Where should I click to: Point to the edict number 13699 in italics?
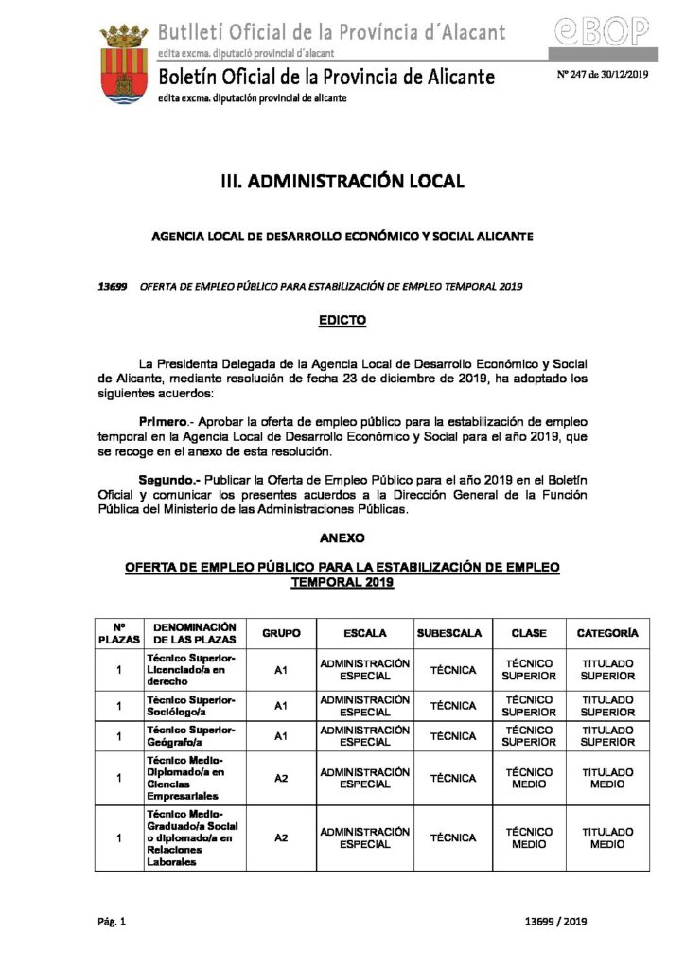113,285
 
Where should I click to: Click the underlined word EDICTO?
342,321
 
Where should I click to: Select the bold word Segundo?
168,479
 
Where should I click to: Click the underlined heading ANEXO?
342,537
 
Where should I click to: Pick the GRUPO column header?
281,632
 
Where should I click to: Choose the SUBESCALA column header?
448,632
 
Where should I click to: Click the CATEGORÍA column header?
607,632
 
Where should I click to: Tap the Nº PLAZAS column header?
119,632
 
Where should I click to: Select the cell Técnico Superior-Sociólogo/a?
191,705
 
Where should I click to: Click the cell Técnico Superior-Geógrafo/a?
191,736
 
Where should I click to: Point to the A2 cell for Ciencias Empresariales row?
281,778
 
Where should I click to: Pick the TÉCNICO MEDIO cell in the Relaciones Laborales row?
530,837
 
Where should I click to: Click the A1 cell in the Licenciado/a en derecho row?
281,670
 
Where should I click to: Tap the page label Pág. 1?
111,921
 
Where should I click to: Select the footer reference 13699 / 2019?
555,921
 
